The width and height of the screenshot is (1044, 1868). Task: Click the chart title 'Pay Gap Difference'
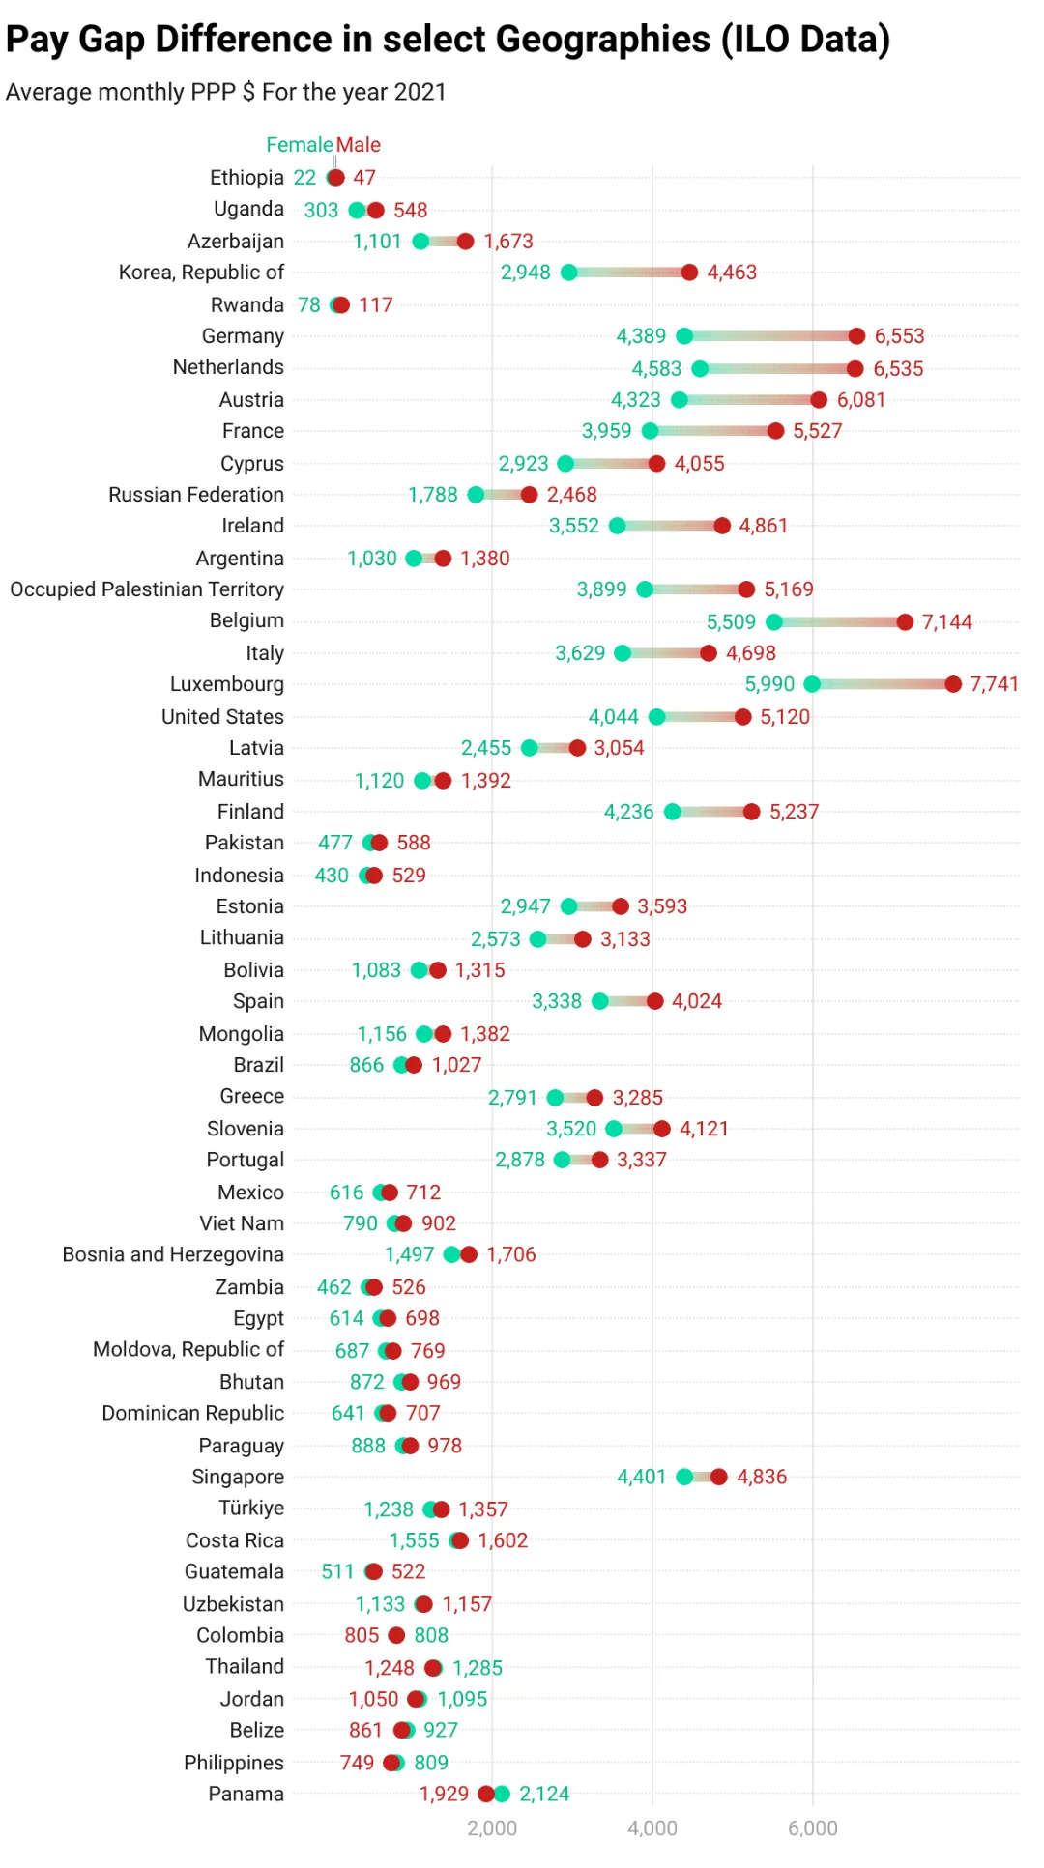click(448, 40)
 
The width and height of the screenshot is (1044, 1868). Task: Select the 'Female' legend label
click(299, 145)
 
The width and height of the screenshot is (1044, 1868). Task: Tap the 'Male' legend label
click(359, 145)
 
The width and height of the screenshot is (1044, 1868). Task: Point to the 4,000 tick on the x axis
click(652, 1827)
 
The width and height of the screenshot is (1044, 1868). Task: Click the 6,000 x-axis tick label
click(813, 1827)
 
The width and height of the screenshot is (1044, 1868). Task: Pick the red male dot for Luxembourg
click(953, 684)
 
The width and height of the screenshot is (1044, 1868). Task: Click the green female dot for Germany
click(684, 336)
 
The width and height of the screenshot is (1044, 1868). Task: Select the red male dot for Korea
click(689, 273)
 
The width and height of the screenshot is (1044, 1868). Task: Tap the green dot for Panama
click(502, 1795)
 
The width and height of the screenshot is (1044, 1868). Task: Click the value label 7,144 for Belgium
click(946, 622)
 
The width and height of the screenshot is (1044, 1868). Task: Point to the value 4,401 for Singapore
click(642, 1477)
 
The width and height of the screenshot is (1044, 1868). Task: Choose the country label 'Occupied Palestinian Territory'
click(147, 589)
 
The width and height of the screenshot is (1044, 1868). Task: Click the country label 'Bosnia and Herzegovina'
click(173, 1254)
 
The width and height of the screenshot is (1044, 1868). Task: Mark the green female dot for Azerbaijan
click(420, 242)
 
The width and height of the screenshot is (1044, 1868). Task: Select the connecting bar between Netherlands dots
click(777, 368)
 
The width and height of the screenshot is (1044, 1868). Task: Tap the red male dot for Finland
click(752, 812)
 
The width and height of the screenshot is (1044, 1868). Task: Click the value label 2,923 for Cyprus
click(523, 464)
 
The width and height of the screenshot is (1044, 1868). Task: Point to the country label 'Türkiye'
click(251, 1508)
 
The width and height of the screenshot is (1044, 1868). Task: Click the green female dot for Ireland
click(617, 526)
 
